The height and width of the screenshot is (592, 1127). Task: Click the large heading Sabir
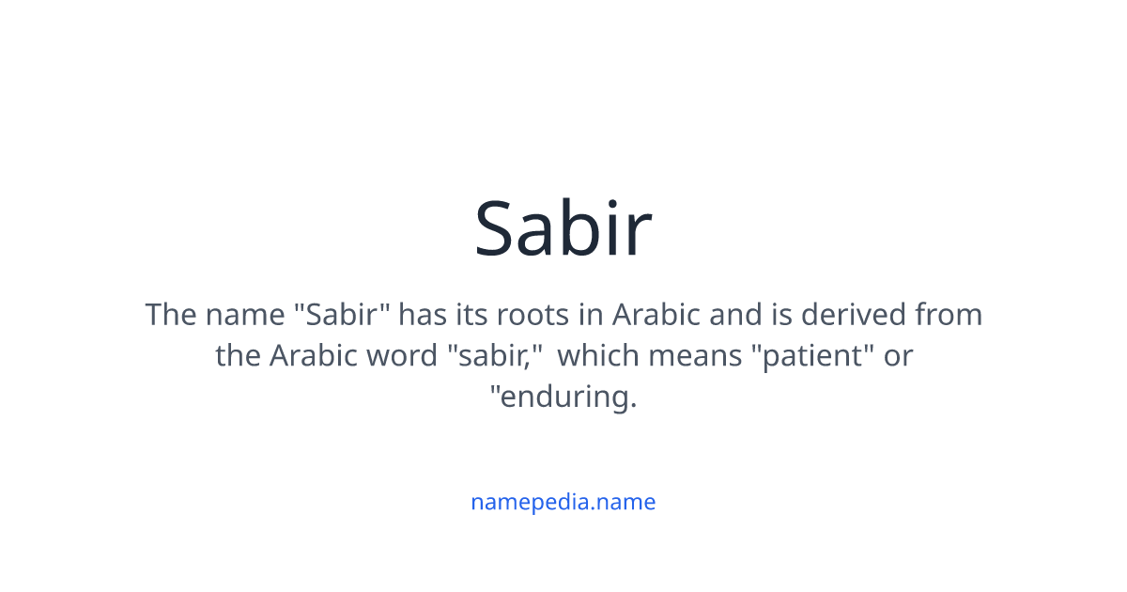563,228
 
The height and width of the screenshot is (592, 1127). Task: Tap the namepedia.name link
563,502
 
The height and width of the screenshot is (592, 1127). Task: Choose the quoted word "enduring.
563,397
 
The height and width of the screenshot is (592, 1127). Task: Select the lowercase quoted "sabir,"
497,356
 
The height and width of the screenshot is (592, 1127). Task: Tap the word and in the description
734,314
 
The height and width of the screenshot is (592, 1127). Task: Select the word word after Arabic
407,356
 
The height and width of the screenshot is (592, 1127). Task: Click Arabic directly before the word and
656,314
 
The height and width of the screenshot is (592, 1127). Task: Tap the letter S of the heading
499,228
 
